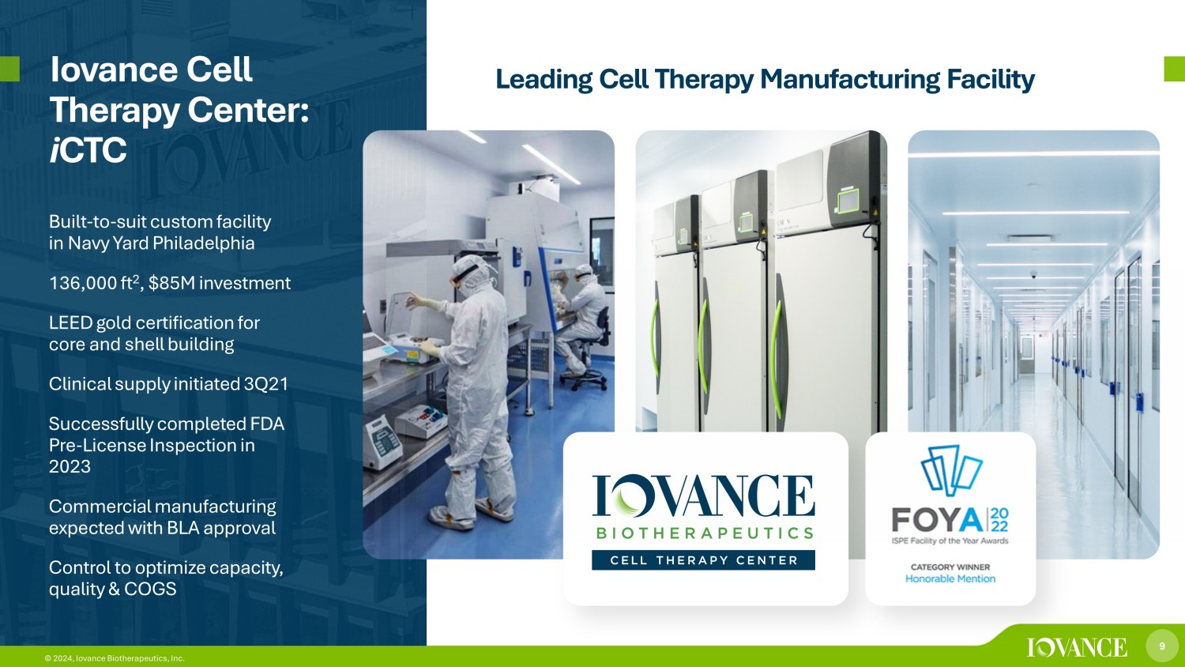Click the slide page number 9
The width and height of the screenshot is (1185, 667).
(x=1161, y=646)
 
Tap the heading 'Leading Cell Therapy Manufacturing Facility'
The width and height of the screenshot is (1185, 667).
(x=765, y=79)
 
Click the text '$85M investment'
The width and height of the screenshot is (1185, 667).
(x=220, y=283)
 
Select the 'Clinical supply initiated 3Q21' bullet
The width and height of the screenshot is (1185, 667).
(x=168, y=384)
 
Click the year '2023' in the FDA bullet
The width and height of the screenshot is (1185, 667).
(x=70, y=466)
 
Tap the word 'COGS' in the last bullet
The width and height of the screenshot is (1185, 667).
(x=150, y=589)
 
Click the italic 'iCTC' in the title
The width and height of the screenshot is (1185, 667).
(x=88, y=150)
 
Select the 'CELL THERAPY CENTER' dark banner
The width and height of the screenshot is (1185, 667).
(x=703, y=560)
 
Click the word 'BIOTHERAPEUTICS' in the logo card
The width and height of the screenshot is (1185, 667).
(x=704, y=533)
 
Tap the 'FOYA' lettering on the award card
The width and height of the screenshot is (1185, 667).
(x=937, y=520)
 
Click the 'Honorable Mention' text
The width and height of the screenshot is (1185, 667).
(x=950, y=578)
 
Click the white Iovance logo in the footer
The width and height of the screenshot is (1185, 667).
(x=1077, y=647)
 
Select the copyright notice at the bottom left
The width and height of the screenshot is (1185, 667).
(x=115, y=658)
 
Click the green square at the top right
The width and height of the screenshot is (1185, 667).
(x=1174, y=69)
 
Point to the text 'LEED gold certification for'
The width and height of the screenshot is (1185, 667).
(x=154, y=322)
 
